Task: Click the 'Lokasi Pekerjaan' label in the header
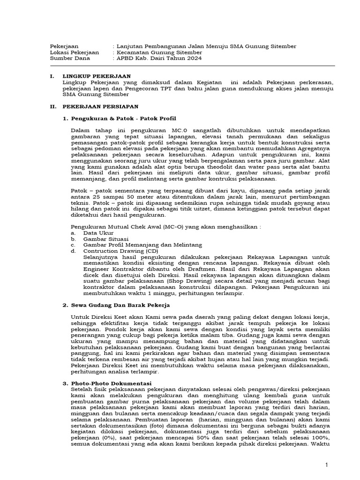pyautogui.click(x=74, y=52)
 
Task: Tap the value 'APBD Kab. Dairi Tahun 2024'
pyautogui.click(x=159, y=59)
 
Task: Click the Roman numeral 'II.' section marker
pyautogui.click(x=53, y=106)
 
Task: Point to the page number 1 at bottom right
pyautogui.click(x=328, y=464)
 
